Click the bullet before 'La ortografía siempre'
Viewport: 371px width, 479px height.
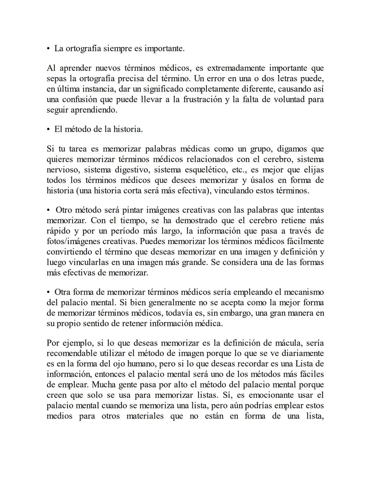(49, 49)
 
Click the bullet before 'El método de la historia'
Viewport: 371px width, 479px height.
(49, 130)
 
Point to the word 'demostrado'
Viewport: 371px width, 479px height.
(194, 220)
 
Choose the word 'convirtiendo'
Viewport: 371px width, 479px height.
(69, 252)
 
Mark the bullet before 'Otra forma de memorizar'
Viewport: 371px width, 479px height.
(49, 292)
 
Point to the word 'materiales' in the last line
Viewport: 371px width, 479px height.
(145, 416)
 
